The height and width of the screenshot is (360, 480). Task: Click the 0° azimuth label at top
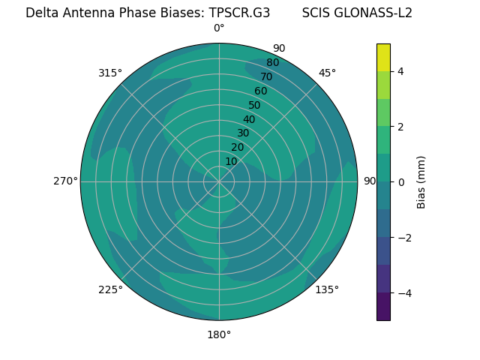(x=219, y=28)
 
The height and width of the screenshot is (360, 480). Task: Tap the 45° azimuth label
(x=327, y=73)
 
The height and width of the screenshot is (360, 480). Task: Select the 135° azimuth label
(x=327, y=289)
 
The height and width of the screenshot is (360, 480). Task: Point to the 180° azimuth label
(x=219, y=334)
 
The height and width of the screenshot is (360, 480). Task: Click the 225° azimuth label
(x=110, y=289)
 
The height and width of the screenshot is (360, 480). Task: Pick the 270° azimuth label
(x=65, y=181)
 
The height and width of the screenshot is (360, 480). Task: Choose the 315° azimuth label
(x=110, y=73)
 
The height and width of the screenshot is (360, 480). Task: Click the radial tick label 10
(x=231, y=161)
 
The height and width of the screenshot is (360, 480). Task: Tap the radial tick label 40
(x=249, y=119)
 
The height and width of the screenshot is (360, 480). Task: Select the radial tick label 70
(x=266, y=76)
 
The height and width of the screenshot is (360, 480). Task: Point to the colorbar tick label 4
(x=401, y=71)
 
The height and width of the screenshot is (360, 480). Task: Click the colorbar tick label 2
(x=401, y=127)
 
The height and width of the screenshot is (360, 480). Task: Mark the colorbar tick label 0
(x=401, y=182)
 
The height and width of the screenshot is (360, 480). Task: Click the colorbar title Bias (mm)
(x=421, y=182)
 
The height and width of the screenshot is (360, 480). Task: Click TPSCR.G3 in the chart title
(x=239, y=13)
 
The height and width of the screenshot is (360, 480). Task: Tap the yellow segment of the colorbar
(x=383, y=57)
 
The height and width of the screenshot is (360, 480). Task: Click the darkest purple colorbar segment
(x=383, y=307)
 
